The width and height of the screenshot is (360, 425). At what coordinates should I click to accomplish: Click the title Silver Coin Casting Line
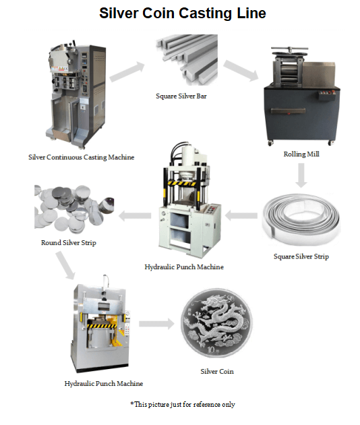(182, 13)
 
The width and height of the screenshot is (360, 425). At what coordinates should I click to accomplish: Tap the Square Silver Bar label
(181, 96)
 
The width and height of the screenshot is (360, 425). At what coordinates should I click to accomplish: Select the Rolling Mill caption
(301, 154)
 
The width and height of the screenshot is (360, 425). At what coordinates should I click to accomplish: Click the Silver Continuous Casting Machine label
(82, 157)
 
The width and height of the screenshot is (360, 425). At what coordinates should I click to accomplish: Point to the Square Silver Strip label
(301, 256)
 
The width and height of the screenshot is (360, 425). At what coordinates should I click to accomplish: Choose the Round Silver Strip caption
(69, 243)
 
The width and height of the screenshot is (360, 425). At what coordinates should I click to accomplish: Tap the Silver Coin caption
(217, 371)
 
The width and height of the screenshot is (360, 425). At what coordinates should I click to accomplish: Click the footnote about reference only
(183, 404)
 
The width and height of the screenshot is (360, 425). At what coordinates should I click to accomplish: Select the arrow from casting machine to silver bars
(127, 72)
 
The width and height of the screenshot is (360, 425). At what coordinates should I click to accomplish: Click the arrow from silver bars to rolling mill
(241, 70)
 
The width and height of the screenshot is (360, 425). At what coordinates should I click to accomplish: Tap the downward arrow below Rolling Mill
(301, 175)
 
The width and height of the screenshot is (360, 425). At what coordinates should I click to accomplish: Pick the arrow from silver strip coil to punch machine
(241, 215)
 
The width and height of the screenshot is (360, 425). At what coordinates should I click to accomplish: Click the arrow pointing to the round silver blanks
(135, 216)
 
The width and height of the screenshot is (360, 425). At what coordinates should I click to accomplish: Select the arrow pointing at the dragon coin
(156, 324)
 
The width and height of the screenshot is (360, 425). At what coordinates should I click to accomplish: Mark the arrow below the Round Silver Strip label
(65, 265)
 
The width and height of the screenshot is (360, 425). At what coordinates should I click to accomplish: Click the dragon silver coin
(216, 323)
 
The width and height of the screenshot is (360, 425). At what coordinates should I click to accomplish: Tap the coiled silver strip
(301, 219)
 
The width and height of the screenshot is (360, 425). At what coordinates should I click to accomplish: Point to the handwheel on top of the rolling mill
(290, 50)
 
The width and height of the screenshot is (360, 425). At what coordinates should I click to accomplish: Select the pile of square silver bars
(187, 59)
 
